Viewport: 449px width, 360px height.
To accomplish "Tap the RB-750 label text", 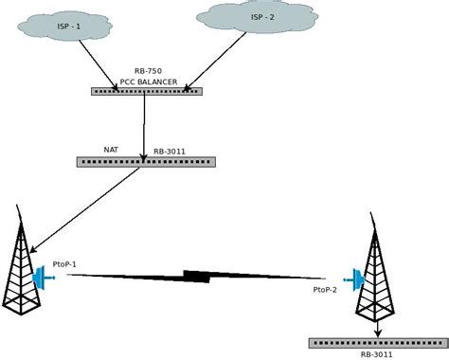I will point(148,71).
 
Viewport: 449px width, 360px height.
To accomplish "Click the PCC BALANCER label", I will point(148,81).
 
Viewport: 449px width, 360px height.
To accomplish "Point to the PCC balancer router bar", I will point(148,92).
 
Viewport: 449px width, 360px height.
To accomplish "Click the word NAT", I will point(112,149).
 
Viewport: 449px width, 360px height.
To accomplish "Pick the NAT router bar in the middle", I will point(147,161).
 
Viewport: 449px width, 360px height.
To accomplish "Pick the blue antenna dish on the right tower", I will point(357,280).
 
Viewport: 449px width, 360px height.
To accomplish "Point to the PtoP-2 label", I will point(326,293).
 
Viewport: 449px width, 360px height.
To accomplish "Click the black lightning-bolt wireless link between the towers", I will point(196,277).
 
